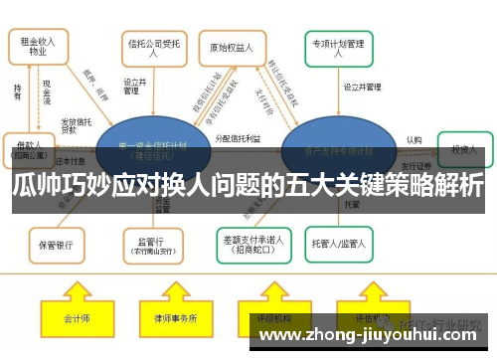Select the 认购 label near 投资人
[x=414, y=140]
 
